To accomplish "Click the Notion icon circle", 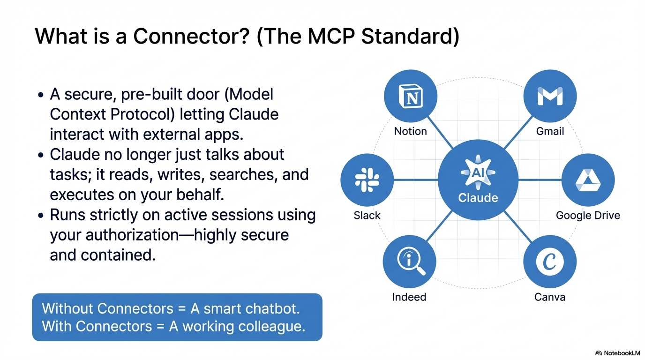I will [x=411, y=97].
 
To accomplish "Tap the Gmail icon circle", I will [x=550, y=97].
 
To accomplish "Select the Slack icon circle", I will [x=367, y=180].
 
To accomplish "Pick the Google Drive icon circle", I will [x=588, y=180].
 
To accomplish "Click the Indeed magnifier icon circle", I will [x=409, y=262].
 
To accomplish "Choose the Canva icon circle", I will [x=550, y=262].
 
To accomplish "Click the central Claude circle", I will [x=478, y=180].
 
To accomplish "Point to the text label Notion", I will [x=411, y=131].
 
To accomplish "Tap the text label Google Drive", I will [x=588, y=216].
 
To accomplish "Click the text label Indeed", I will [x=409, y=297].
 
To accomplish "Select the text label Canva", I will [x=550, y=297].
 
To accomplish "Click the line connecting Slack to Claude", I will [x=416, y=180].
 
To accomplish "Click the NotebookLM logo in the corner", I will [x=617, y=352].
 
